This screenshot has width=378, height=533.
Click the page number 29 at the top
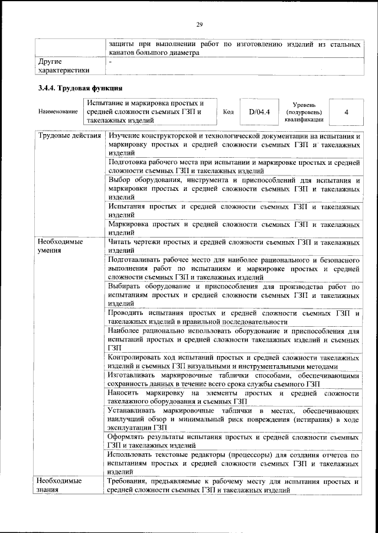(x=200, y=24)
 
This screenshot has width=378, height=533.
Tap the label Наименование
(x=57, y=111)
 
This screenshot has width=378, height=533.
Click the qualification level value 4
(x=346, y=111)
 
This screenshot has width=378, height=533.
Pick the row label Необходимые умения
(x=60, y=246)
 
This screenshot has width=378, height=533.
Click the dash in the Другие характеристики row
(x=110, y=61)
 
